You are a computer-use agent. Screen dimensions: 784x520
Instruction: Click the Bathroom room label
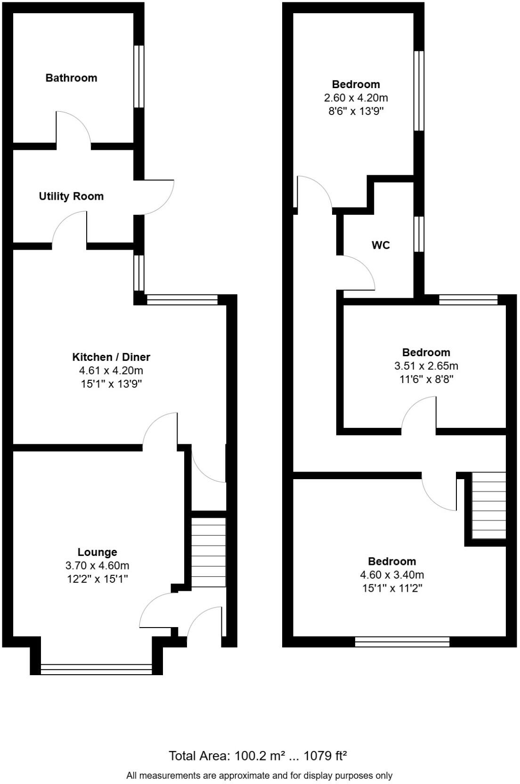(71, 78)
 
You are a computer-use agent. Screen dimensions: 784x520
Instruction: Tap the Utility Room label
(71, 196)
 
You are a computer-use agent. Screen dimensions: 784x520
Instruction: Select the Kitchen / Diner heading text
(111, 357)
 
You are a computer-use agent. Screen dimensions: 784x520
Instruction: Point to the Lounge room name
(97, 552)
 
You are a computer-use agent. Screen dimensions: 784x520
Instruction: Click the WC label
(381, 245)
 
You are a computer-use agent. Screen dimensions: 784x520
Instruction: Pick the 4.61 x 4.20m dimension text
(111, 370)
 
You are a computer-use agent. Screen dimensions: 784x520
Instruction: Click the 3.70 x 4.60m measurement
(97, 565)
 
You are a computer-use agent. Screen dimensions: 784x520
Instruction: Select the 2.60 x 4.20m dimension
(356, 98)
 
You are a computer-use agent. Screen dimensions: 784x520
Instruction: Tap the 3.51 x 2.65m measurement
(426, 366)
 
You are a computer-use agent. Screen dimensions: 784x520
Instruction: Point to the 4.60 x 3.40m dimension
(392, 574)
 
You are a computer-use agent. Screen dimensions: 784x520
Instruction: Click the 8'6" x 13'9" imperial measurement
(356, 111)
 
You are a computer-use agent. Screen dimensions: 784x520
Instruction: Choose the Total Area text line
(258, 756)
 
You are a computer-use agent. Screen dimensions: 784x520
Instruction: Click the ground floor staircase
(209, 552)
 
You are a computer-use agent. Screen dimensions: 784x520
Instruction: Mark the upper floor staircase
(488, 505)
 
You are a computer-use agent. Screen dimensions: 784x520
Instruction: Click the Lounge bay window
(97, 669)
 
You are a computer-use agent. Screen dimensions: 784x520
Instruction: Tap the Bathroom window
(138, 76)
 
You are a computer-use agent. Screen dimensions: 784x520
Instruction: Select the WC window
(419, 234)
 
